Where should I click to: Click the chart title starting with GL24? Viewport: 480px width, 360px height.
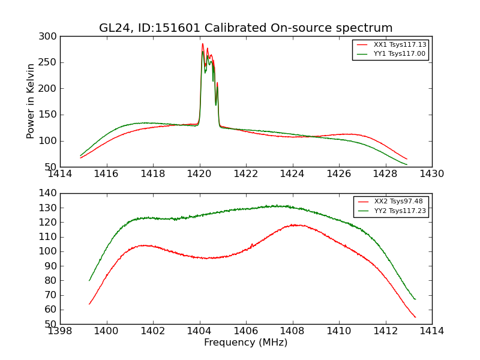245,28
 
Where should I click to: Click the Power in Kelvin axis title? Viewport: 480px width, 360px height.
31,101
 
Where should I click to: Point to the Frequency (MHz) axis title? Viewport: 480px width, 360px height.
245,343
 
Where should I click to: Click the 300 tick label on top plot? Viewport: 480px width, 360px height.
50,37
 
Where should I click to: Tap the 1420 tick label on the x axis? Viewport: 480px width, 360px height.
199,174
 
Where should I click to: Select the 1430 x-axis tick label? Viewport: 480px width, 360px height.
431,174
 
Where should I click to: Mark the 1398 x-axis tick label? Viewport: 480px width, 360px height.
60,331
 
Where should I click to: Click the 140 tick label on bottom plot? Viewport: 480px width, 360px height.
50,193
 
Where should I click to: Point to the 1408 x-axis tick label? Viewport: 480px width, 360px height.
292,331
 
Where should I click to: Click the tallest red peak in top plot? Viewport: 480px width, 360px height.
203,44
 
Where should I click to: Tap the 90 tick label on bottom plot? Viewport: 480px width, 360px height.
52,266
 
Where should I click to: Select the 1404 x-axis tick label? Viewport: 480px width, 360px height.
199,331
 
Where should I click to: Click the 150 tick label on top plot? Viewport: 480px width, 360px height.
50,115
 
